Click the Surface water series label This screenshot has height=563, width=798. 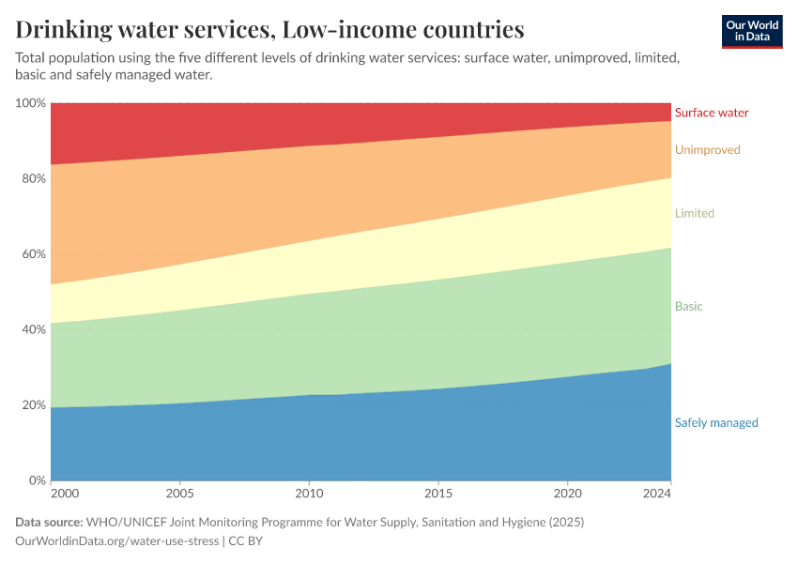712,113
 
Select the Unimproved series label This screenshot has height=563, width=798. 707,150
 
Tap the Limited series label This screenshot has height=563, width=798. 694,214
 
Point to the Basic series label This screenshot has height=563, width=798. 688,307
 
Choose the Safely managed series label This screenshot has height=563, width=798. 716,423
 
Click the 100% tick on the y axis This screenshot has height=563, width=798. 30,102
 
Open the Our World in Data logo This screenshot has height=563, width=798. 752,31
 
